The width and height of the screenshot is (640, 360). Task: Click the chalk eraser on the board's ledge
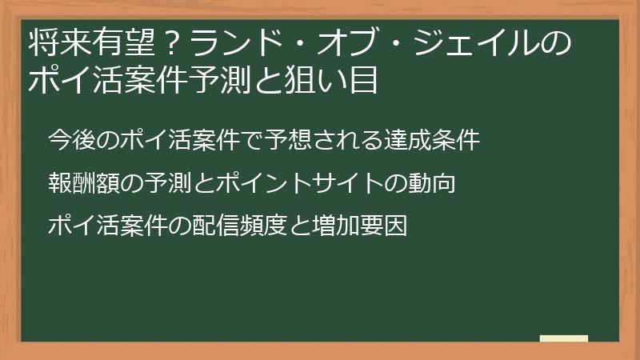[x=564, y=338]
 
